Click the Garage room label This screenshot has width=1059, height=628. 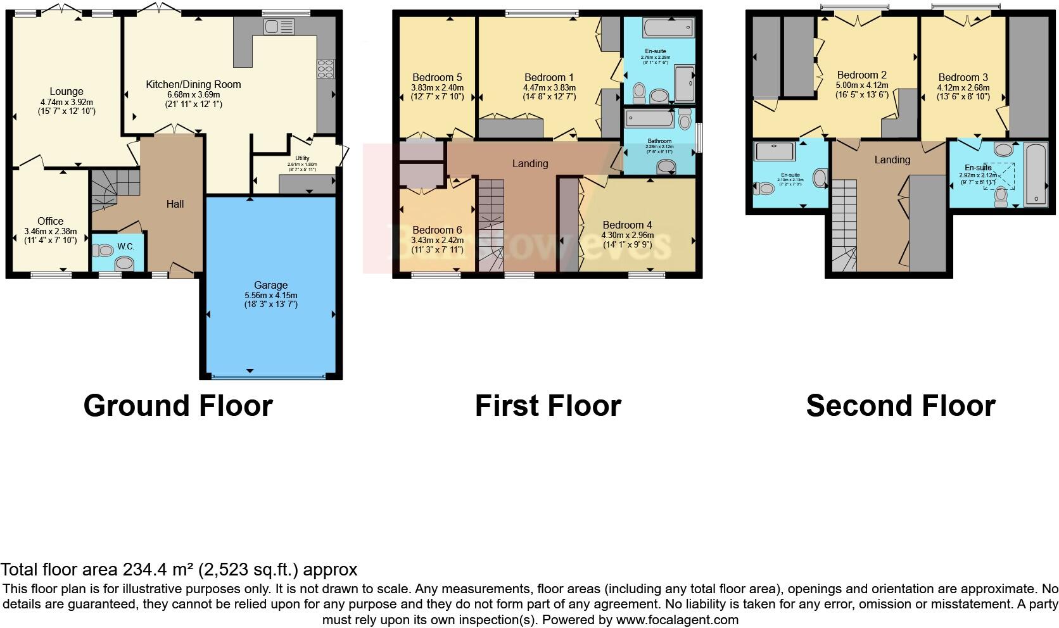click(270, 285)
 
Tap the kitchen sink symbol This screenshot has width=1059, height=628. click(280, 27)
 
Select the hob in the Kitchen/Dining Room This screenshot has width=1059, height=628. click(326, 68)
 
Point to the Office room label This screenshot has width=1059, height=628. click(50, 221)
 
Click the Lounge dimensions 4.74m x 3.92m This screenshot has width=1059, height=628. click(67, 101)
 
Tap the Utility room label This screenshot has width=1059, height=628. click(302, 158)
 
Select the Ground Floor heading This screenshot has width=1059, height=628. click(178, 405)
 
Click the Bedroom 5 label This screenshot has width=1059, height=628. click(437, 78)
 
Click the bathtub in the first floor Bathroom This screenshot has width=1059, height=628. click(650, 119)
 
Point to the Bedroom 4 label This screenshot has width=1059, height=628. click(627, 225)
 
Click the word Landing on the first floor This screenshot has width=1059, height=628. click(530, 163)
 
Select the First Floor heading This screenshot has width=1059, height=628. click(548, 405)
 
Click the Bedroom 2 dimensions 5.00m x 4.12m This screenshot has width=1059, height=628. click(862, 85)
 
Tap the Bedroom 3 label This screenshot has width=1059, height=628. click(963, 77)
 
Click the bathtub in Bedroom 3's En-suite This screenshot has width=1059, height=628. click(1036, 173)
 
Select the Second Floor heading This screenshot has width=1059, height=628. click(901, 405)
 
